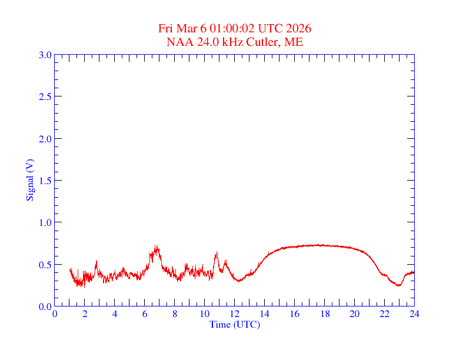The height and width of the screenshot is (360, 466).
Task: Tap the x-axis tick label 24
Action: [414, 314]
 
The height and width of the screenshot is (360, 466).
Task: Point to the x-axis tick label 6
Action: [145, 314]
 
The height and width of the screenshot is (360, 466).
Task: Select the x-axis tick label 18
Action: [324, 314]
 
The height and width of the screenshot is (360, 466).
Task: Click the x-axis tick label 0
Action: [55, 314]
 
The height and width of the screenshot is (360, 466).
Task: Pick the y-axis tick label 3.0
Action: [45, 55]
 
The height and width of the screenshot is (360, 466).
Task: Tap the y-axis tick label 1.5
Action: [45, 181]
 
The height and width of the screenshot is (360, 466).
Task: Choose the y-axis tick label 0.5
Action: [45, 265]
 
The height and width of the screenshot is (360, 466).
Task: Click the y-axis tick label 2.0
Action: [45, 139]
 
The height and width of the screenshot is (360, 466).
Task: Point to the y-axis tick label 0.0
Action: [45, 306]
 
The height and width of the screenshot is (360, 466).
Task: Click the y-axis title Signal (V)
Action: [29, 180]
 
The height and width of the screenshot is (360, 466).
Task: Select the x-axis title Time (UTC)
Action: [235, 324]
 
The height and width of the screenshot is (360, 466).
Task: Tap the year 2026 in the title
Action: [299, 29]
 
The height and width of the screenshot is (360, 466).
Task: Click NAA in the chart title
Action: [178, 42]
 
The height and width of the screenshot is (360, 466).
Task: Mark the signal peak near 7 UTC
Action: [156, 246]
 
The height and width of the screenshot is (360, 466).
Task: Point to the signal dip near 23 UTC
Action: [399, 286]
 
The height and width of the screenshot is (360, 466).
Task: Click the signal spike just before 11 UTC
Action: [217, 253]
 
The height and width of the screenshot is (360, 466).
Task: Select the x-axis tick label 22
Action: [384, 314]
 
